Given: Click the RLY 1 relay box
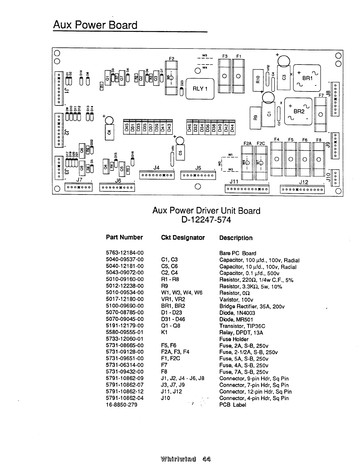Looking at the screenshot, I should [x=200, y=88].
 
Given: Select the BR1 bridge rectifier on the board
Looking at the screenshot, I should [x=307, y=78].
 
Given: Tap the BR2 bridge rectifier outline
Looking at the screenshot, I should [x=299, y=112].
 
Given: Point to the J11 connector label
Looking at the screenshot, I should [x=234, y=182].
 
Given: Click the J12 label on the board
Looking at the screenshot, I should [x=303, y=182].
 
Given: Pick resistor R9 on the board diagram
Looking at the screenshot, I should [x=255, y=115].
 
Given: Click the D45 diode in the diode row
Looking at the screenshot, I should [x=126, y=127].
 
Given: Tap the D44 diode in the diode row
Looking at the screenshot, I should [x=232, y=127].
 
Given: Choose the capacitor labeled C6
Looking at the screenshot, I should [x=109, y=132].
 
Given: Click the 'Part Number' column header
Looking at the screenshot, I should [x=124, y=237].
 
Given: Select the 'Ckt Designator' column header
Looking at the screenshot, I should [x=183, y=238].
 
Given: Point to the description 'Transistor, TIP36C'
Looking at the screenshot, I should [x=242, y=326].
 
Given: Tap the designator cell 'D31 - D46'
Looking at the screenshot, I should [x=173, y=319].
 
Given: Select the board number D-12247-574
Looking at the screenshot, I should [x=206, y=220].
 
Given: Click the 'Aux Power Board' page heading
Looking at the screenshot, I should [x=95, y=25].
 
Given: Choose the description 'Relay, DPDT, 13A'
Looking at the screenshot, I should [x=241, y=332].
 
